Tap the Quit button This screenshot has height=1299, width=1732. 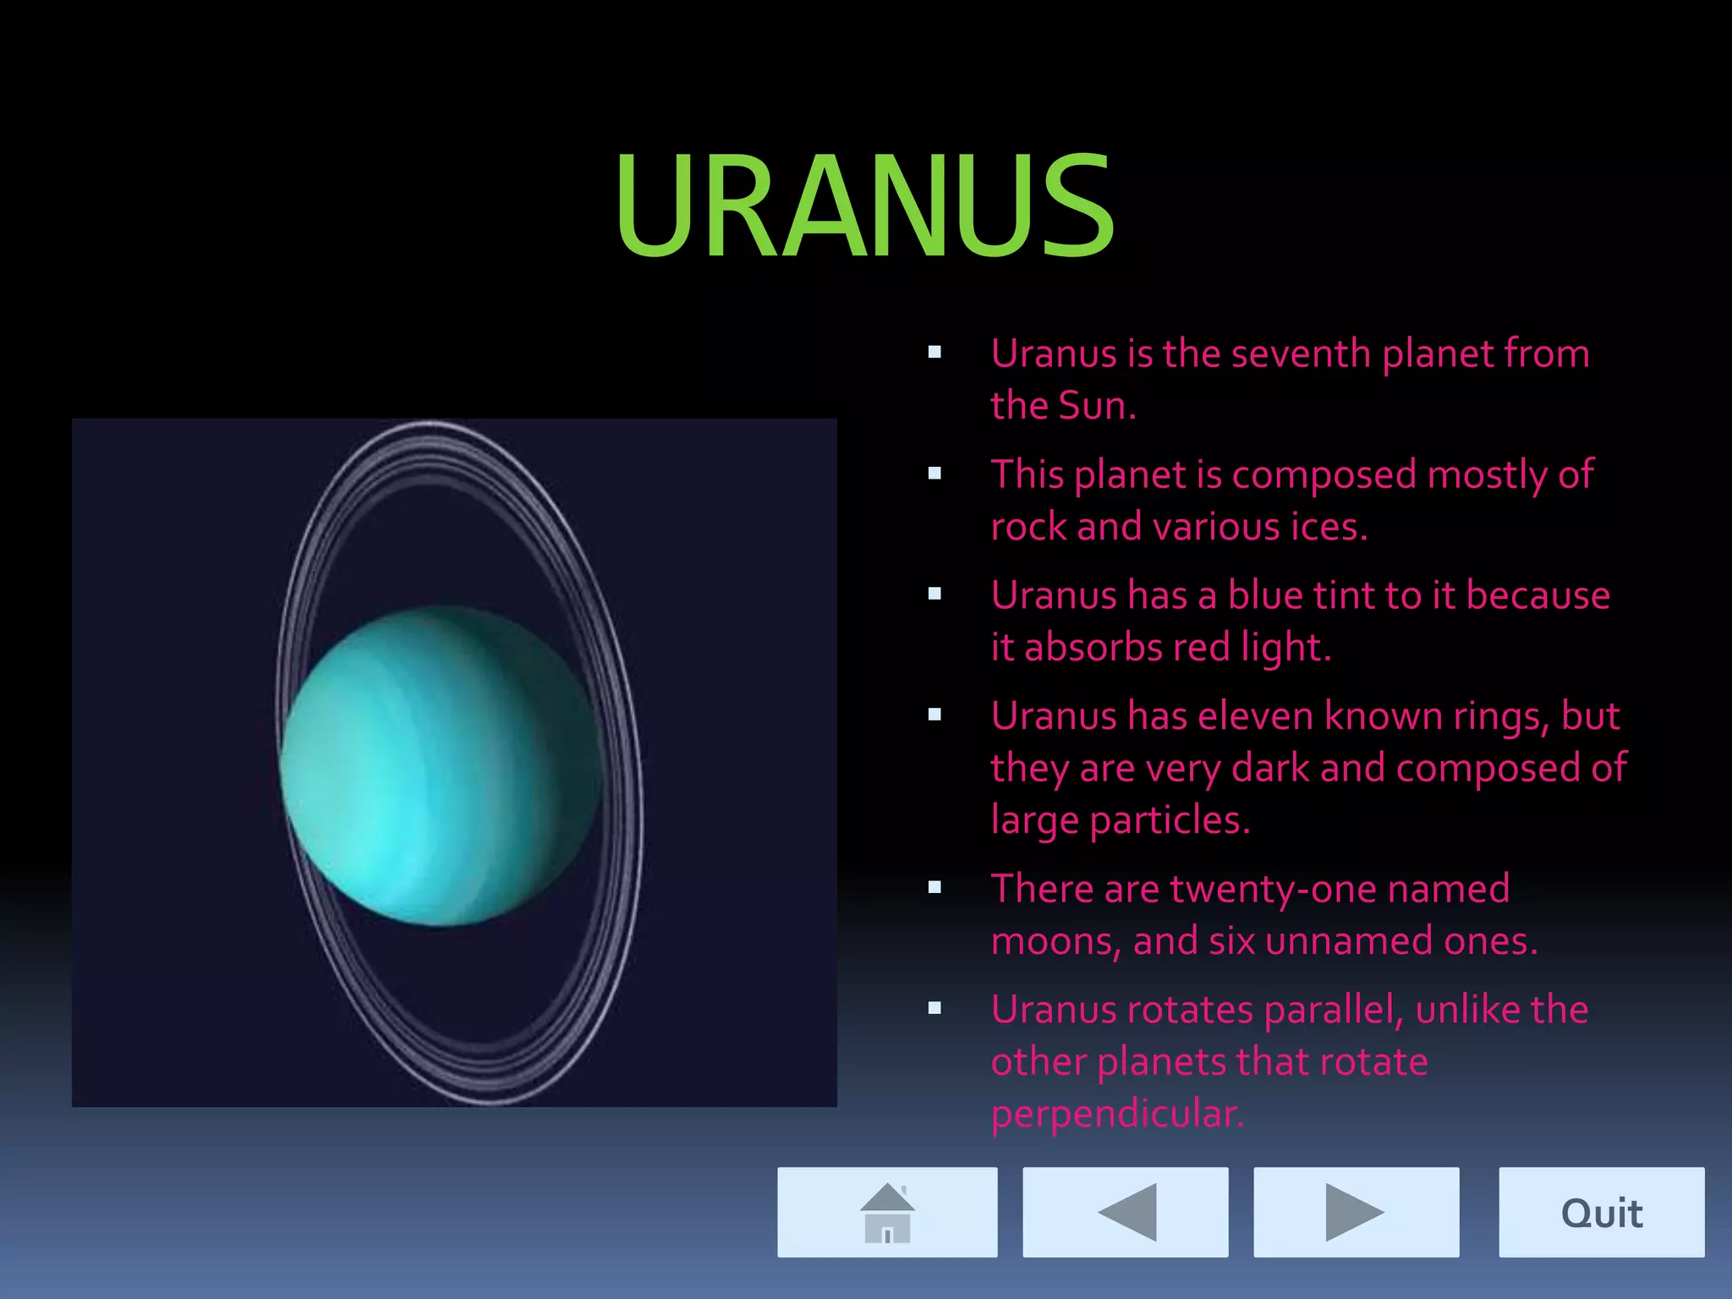point(1601,1213)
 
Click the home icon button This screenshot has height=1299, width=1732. point(887,1213)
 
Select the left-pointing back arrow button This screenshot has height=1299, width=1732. point(1126,1213)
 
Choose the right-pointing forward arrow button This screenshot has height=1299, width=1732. point(1356,1213)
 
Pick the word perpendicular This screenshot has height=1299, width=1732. point(1117,1114)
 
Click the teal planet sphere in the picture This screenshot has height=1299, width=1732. point(440,765)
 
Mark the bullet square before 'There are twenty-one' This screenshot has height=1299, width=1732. point(935,887)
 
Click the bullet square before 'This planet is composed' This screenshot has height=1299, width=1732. point(935,474)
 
